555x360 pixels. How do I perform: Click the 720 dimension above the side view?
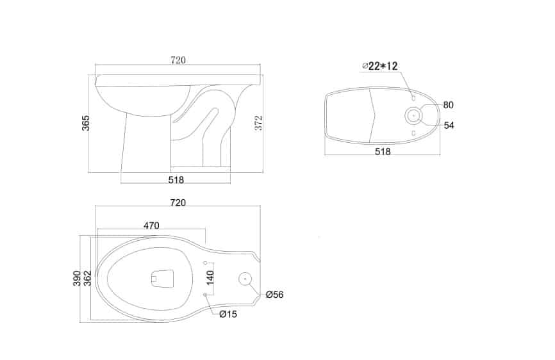click(x=178, y=60)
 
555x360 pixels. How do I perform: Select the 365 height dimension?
click(x=86, y=123)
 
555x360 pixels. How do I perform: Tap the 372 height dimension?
click(x=259, y=123)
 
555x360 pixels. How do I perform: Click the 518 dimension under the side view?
click(x=176, y=180)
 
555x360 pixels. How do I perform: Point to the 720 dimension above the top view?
click(x=178, y=202)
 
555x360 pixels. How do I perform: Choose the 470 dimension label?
click(x=151, y=225)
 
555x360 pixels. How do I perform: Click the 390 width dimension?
click(x=77, y=278)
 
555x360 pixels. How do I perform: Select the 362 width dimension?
click(x=87, y=278)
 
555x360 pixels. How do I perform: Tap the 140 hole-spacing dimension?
click(x=210, y=277)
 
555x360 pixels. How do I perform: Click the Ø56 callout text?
click(x=275, y=295)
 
